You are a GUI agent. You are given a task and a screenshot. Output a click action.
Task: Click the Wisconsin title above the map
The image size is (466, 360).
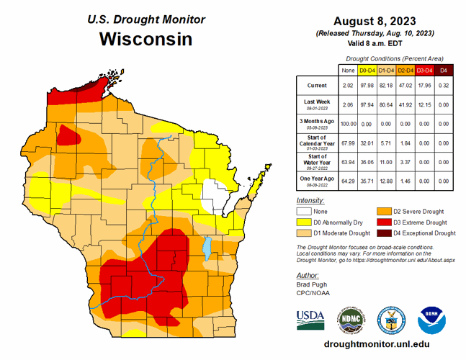pyautogui.click(x=145, y=39)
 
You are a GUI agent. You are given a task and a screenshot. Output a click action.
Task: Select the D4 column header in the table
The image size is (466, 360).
pyautogui.click(x=444, y=70)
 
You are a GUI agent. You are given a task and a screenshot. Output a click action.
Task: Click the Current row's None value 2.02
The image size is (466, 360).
pyautogui.click(x=349, y=86)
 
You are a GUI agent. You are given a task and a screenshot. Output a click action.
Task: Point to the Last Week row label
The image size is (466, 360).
pyautogui.click(x=317, y=103)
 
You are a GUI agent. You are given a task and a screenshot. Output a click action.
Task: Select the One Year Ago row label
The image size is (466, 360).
pyautogui.click(x=317, y=178)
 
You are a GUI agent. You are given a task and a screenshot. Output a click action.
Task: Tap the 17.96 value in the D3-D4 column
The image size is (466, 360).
pyautogui.click(x=424, y=86)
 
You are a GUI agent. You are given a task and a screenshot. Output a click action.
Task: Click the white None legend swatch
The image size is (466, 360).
pyautogui.click(x=304, y=212)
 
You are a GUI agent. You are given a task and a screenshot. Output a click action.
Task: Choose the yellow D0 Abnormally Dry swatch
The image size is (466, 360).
pyautogui.click(x=304, y=222)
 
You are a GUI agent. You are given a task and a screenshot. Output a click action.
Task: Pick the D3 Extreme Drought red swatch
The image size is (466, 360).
pyautogui.click(x=382, y=222)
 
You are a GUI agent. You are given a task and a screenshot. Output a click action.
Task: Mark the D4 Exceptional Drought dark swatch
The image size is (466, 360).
pyautogui.click(x=382, y=233)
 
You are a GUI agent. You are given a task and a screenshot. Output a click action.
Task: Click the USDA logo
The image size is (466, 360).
pyautogui.click(x=310, y=317)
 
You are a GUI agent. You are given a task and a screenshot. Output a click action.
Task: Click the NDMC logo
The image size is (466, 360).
pyautogui.click(x=350, y=318)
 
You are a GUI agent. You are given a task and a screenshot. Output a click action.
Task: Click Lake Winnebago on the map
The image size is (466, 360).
pyautogui.click(x=207, y=249)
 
